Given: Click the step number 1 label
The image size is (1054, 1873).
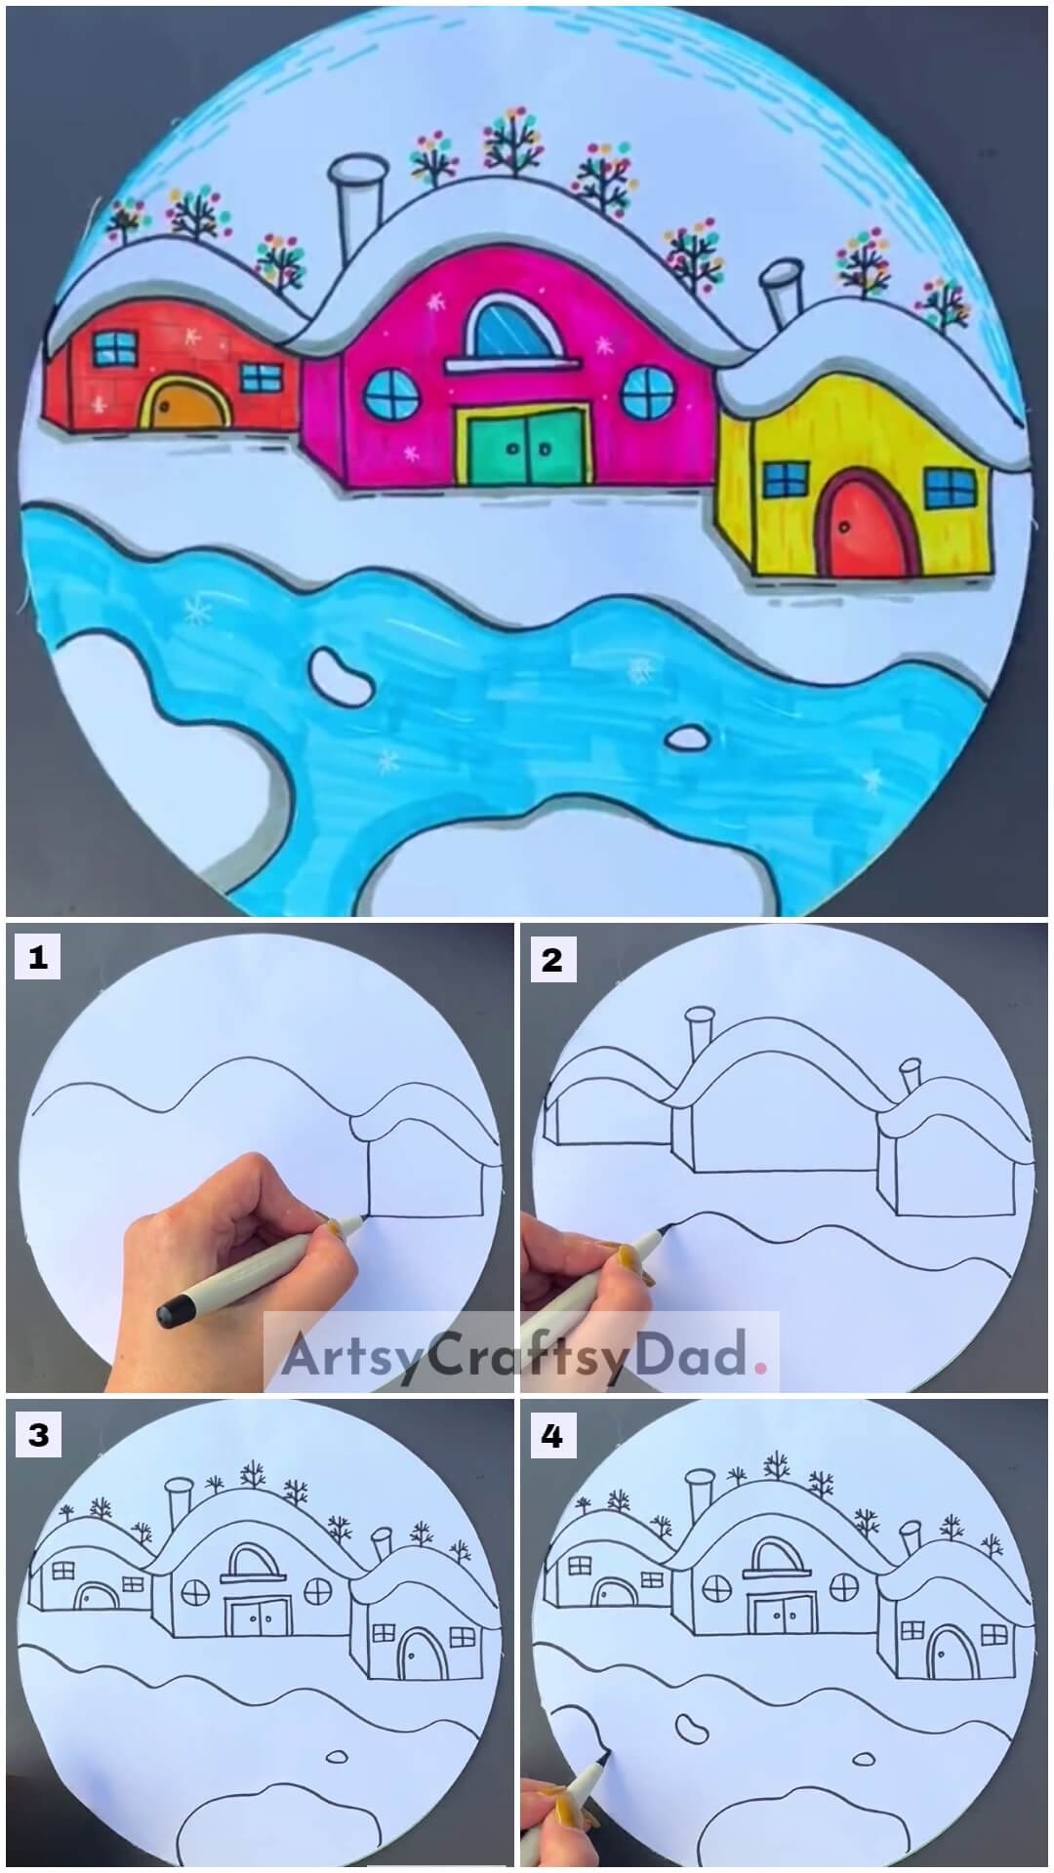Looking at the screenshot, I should pos(37,960).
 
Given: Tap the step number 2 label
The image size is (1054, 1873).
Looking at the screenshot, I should pos(551,960).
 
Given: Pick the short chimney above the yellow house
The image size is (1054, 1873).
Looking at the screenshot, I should pos(782,292).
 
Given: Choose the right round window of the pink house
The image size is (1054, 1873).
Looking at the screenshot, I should pos(644,393).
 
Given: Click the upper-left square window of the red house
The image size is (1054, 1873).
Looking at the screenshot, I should pos(115,347).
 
